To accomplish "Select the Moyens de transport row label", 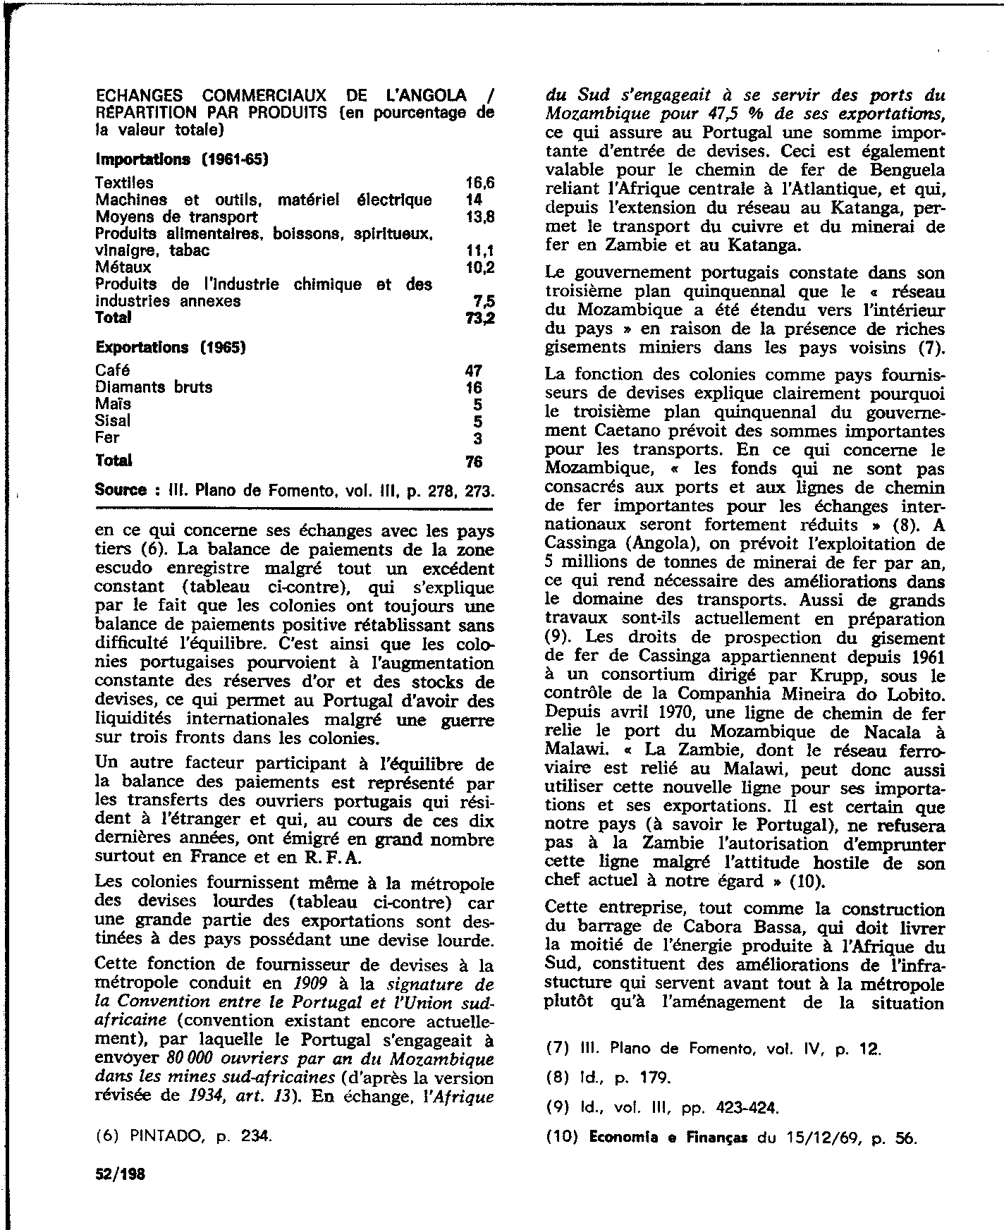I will tap(176, 217).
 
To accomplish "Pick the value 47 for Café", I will tap(473, 371).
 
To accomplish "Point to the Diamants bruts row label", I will tap(154, 387).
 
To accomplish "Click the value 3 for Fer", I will tap(477, 438).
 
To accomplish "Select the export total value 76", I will tap(473, 462).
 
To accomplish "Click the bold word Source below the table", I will tap(121, 490).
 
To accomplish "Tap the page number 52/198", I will tap(120, 1175).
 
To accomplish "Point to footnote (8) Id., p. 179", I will tap(609, 1078).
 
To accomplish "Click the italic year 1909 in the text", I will tap(310, 983).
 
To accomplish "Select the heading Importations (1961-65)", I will tap(182, 159).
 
